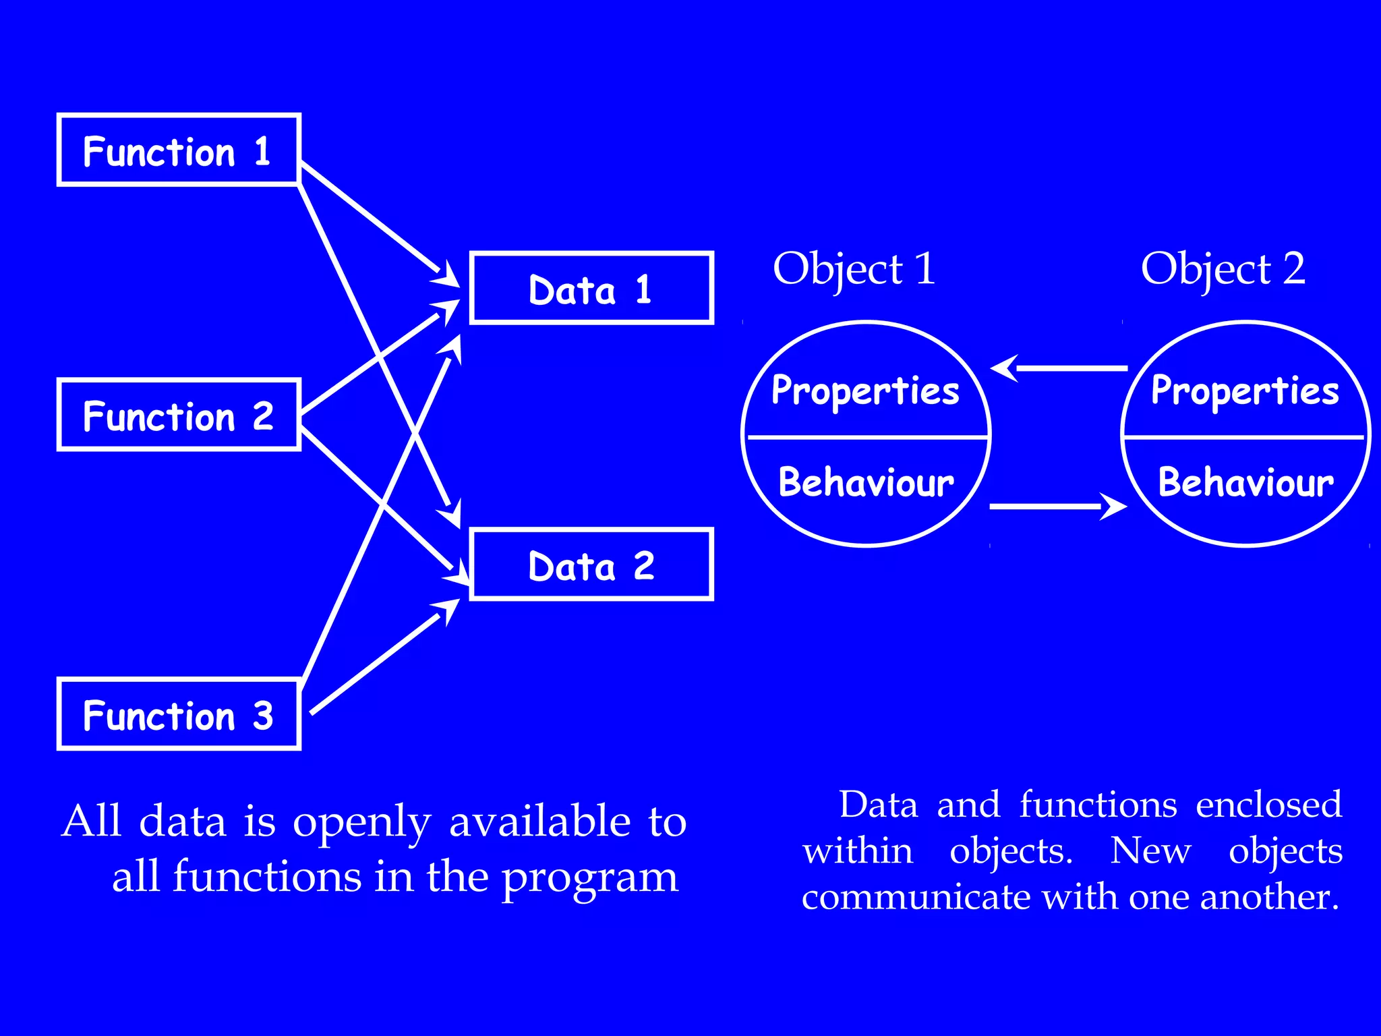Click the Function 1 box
[179, 150]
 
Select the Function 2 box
[179, 414]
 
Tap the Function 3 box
[179, 714]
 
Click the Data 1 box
[591, 289]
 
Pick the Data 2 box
[591, 565]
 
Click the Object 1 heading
[854, 269]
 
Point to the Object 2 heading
[1223, 269]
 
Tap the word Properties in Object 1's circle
[865, 391]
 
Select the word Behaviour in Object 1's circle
[866, 482]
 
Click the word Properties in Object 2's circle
[1245, 391]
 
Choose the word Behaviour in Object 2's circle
[1245, 482]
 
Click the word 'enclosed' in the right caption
[1268, 805]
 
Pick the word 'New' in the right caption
[1150, 851]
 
